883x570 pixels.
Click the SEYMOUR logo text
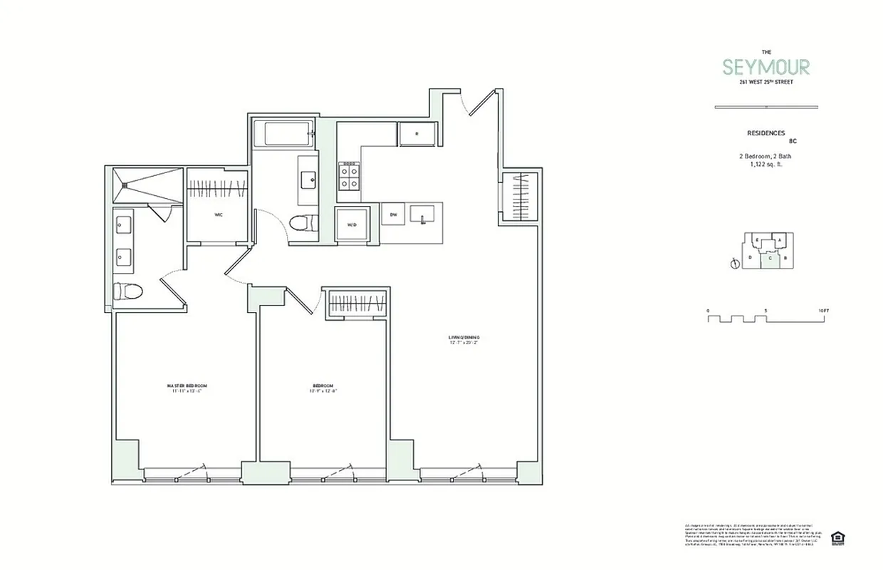tap(766, 68)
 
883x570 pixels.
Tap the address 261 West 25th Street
tap(766, 82)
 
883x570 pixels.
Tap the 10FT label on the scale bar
tap(825, 311)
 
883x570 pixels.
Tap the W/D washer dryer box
tap(352, 225)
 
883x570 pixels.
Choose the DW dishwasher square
tap(392, 214)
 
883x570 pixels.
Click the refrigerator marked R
tap(417, 133)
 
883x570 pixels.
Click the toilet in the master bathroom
tap(128, 291)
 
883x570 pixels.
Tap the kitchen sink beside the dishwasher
tap(425, 214)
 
